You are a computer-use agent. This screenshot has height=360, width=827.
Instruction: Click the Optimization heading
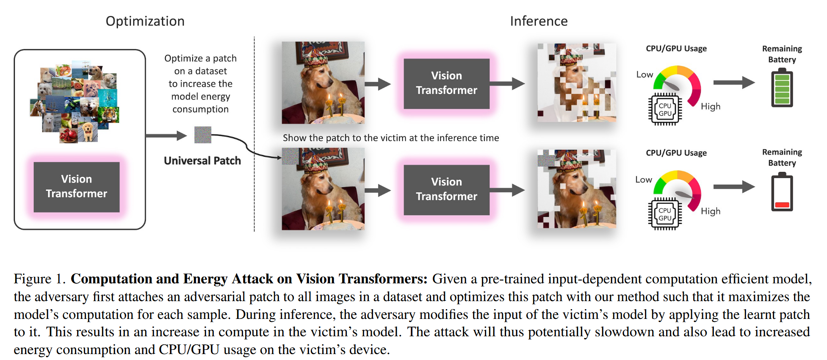(x=145, y=21)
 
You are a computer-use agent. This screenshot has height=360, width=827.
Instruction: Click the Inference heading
(x=539, y=21)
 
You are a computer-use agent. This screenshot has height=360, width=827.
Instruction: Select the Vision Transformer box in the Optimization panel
(x=77, y=186)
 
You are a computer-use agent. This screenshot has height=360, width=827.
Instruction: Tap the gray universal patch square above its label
(x=202, y=135)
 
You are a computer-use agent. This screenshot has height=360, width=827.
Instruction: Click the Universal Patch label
(x=202, y=161)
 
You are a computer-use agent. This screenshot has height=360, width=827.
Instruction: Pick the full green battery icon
(x=782, y=89)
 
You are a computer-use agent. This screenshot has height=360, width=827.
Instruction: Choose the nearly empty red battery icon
(x=782, y=193)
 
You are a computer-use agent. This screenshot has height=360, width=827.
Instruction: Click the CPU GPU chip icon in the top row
(x=665, y=109)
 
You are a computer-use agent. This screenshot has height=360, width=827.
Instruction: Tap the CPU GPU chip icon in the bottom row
(x=665, y=214)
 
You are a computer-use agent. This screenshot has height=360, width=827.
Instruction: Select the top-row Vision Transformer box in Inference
(x=446, y=83)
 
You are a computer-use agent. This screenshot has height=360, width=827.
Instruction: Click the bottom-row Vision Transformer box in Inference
(x=446, y=189)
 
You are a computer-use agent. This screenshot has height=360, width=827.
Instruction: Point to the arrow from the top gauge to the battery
(x=733, y=83)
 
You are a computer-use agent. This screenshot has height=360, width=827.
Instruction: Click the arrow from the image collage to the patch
(x=166, y=136)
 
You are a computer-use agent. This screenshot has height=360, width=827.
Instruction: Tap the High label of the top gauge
(x=711, y=107)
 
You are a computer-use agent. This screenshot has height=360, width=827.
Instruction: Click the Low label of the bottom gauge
(x=644, y=180)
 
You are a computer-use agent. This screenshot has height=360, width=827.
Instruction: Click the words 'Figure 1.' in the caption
(x=39, y=279)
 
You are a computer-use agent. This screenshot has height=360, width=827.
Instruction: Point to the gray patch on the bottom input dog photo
(x=290, y=156)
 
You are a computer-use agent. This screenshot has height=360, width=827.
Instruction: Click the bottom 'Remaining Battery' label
(x=782, y=157)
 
